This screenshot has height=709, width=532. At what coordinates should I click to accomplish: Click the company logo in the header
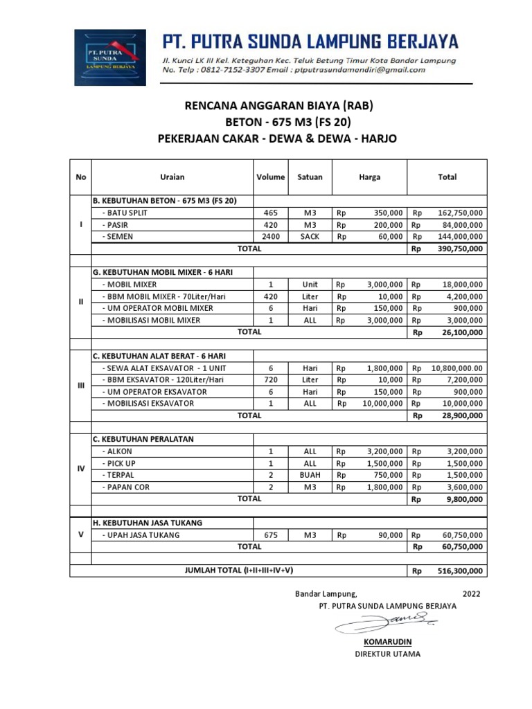click(110, 57)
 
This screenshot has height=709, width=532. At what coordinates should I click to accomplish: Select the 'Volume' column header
click(270, 177)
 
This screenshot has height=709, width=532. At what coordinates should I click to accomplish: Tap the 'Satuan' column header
click(310, 177)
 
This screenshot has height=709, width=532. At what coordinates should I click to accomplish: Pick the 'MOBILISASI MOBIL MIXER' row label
click(151, 320)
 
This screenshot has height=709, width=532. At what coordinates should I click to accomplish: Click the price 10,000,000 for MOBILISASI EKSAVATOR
click(382, 404)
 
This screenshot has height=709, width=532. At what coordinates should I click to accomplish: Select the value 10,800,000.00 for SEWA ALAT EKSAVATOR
click(457, 368)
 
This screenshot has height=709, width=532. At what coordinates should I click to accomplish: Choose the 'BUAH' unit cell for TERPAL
click(310, 475)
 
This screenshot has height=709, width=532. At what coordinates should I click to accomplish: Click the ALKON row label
click(119, 451)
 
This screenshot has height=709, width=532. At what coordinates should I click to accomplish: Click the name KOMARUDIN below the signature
click(387, 642)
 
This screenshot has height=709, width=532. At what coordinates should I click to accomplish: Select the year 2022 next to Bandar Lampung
click(470, 594)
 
